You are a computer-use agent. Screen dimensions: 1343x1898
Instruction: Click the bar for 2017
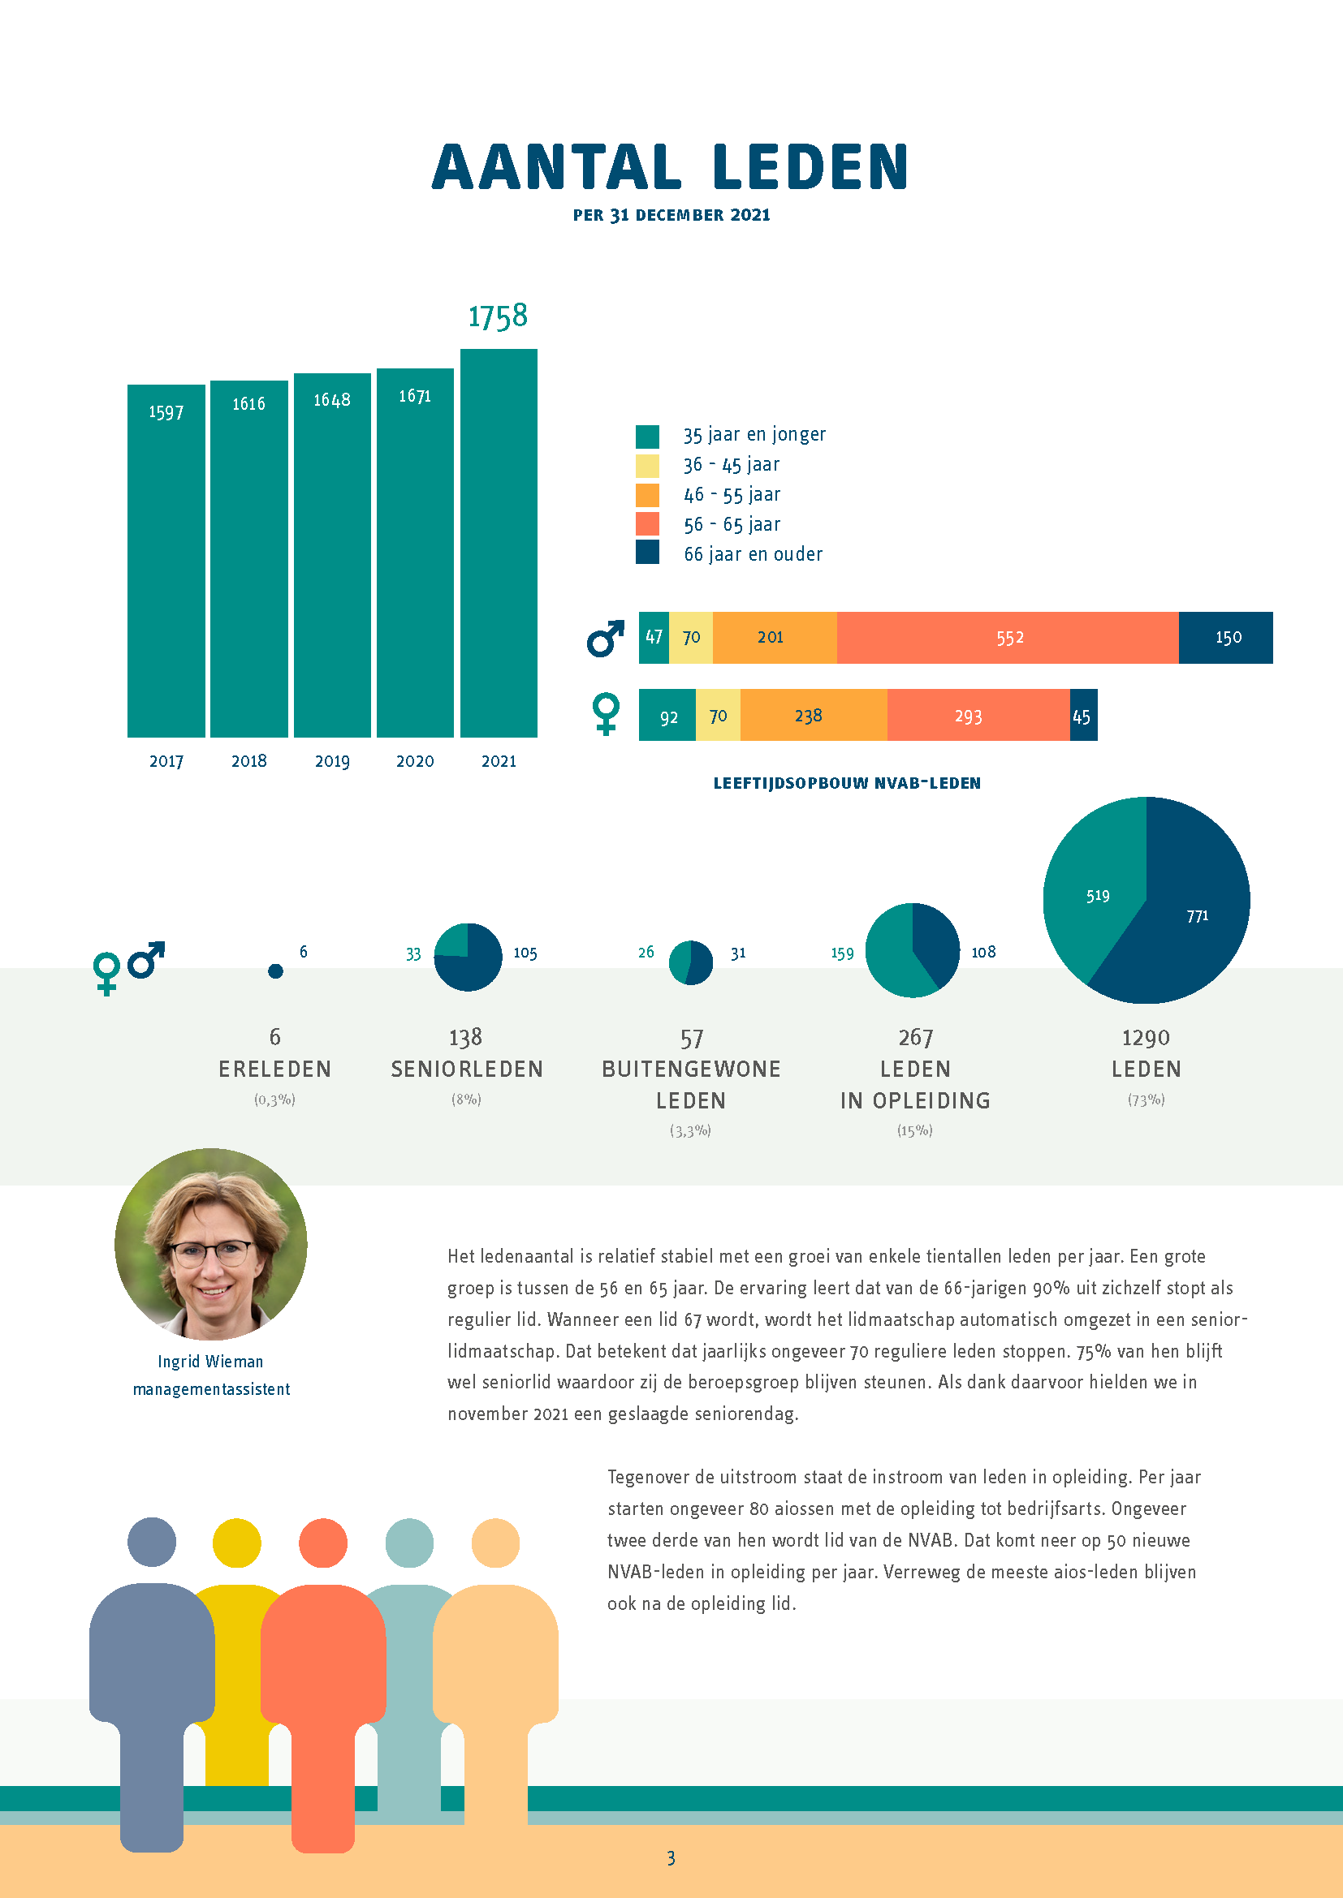pyautogui.click(x=166, y=561)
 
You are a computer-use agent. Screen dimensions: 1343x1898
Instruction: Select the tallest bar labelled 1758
pyautogui.click(x=499, y=543)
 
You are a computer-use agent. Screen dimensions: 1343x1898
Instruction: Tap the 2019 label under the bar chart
pyautogui.click(x=332, y=761)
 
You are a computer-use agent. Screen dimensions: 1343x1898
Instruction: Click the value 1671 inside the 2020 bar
pyautogui.click(x=415, y=397)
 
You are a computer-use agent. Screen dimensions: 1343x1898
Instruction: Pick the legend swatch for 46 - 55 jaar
pyautogui.click(x=647, y=495)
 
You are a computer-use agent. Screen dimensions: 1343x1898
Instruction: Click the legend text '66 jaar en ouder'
pyautogui.click(x=754, y=554)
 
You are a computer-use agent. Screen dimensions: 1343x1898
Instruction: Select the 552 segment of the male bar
pyautogui.click(x=1008, y=637)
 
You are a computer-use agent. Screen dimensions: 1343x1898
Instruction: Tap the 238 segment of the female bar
pyautogui.click(x=814, y=715)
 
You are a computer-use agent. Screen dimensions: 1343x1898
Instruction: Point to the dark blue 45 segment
pyautogui.click(x=1083, y=715)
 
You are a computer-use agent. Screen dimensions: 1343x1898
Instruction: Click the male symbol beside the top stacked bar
pyautogui.click(x=606, y=638)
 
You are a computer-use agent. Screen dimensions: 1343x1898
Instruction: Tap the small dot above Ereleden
pyautogui.click(x=275, y=971)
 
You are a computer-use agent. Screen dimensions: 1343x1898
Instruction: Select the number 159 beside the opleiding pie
pyautogui.click(x=842, y=954)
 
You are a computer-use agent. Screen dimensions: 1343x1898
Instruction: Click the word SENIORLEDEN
pyautogui.click(x=467, y=1070)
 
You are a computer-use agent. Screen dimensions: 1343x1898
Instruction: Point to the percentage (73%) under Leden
pyautogui.click(x=1147, y=1100)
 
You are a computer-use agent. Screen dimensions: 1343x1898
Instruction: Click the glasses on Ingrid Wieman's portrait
pyautogui.click(x=212, y=1253)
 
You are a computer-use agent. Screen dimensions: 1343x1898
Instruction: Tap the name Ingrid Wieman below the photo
pyautogui.click(x=211, y=1362)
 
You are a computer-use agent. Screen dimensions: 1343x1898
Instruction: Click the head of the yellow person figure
pyautogui.click(x=236, y=1543)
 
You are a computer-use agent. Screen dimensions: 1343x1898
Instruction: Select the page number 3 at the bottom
pyautogui.click(x=671, y=1858)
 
